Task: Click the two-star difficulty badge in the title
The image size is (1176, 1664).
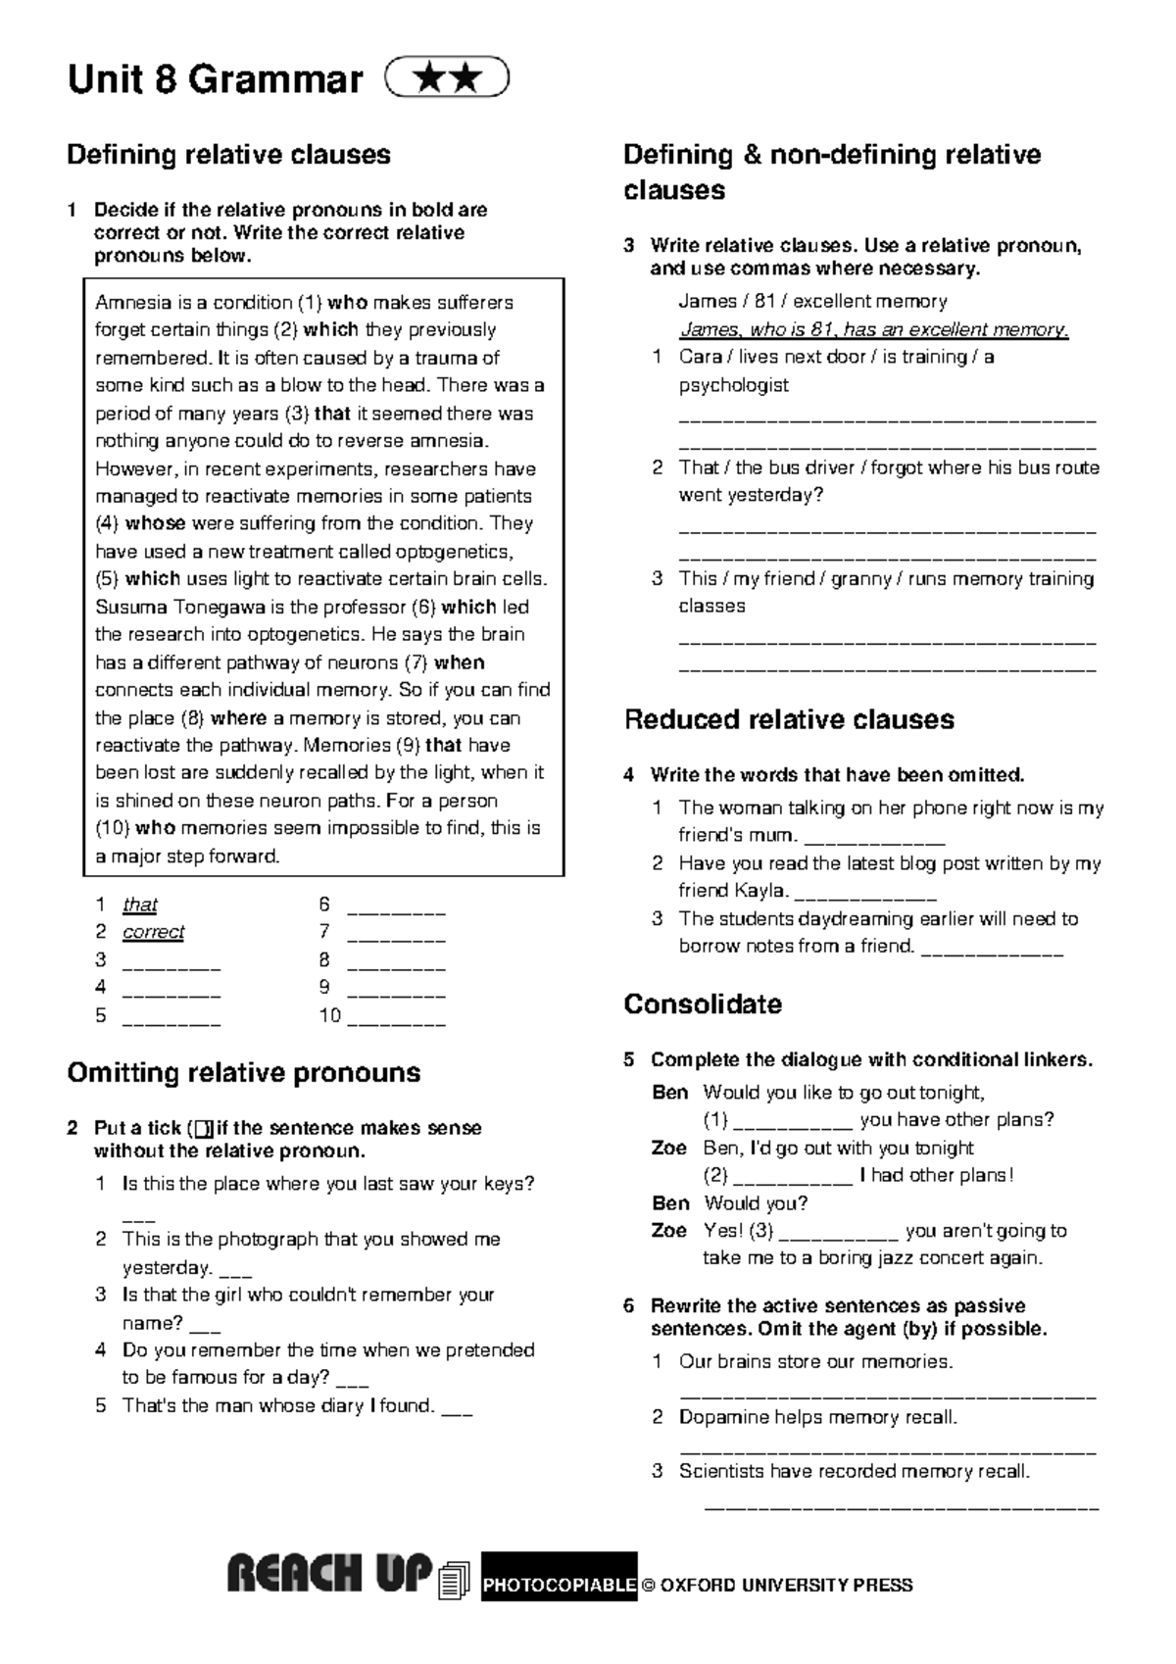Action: [447, 78]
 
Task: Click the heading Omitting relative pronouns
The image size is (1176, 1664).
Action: [243, 1073]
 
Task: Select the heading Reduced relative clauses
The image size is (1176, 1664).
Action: [789, 719]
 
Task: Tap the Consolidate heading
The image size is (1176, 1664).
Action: [703, 1004]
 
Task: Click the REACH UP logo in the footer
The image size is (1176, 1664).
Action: [329, 1576]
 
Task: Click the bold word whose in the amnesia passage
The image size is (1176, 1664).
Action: [155, 523]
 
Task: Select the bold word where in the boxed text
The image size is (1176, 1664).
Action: [239, 717]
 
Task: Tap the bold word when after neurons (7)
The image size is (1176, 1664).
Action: [459, 662]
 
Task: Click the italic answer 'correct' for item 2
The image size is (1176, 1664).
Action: [153, 932]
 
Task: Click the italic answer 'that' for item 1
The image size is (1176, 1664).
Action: [139, 905]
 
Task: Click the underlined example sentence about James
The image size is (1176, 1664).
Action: [873, 329]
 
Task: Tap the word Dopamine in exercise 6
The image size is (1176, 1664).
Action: [719, 1417]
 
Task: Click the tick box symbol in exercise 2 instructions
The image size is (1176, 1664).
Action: [203, 1129]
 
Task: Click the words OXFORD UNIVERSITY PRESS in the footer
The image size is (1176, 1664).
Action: [786, 1586]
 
